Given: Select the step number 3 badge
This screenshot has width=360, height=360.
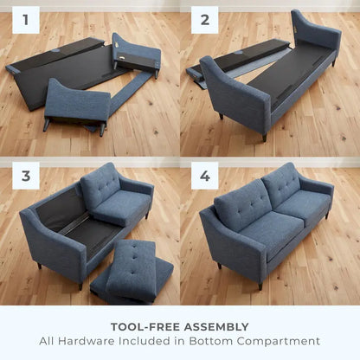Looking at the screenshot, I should pyautogui.click(x=25, y=177).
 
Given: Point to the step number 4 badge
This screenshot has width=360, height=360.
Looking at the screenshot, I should pyautogui.click(x=205, y=177).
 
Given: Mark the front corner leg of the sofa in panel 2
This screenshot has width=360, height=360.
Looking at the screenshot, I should pyautogui.click(x=265, y=137).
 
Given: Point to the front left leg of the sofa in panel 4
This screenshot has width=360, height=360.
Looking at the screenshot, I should pyautogui.click(x=260, y=285).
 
